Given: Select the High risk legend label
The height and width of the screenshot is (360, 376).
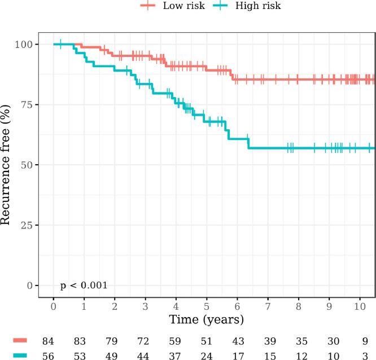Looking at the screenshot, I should [258, 6].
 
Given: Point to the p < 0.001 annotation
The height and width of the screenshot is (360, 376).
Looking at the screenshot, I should [84, 286].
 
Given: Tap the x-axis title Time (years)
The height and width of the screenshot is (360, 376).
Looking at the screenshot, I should [207, 320].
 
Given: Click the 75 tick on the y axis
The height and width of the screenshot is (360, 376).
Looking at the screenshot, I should [27, 104].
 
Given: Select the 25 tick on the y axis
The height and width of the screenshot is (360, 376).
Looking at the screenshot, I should [27, 225].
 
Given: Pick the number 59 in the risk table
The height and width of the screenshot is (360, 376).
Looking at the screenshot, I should [176, 341].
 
